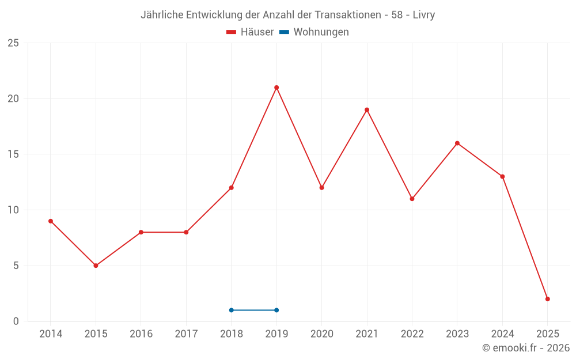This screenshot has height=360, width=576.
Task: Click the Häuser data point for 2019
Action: [x=276, y=88]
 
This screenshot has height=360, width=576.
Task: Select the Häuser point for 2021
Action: [x=367, y=110]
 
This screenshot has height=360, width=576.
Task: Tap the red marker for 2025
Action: [x=548, y=299]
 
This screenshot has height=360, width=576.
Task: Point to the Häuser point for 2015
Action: [x=96, y=266]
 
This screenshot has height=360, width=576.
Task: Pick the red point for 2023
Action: [x=457, y=143]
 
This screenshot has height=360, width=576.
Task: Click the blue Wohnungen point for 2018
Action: [x=232, y=310]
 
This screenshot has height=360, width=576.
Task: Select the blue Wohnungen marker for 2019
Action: [x=276, y=310]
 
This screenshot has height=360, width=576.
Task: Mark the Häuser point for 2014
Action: [x=51, y=221]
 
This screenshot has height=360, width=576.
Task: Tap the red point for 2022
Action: [x=412, y=199]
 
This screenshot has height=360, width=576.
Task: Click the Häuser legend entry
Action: [x=250, y=32]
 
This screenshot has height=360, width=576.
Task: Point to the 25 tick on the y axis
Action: [x=13, y=43]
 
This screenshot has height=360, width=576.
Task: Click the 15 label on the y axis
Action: [x=13, y=154]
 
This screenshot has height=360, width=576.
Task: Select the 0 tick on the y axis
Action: [x=16, y=321]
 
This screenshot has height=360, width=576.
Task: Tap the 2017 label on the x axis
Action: [x=186, y=334]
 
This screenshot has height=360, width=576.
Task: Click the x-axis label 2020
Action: [x=321, y=334]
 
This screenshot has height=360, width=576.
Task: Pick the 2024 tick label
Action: [x=502, y=334]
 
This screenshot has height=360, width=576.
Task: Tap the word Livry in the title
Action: [x=423, y=15]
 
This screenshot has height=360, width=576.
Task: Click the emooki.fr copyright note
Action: [x=525, y=348]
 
